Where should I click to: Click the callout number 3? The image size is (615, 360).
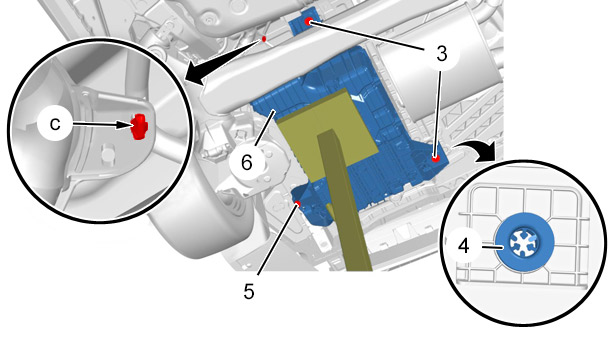442,54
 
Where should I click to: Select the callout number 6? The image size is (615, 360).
247,162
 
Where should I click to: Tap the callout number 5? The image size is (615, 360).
249,291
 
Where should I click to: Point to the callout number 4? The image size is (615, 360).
464,246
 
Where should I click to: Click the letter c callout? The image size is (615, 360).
55,124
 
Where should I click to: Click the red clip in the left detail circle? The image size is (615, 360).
139,126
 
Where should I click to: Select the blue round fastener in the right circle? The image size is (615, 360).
525,242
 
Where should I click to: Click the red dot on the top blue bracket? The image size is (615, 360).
308,22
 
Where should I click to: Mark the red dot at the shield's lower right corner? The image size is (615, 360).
435,158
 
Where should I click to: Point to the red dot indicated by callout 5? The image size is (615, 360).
298,204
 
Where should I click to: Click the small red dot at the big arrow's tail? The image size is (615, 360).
264,39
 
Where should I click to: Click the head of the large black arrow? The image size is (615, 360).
197,75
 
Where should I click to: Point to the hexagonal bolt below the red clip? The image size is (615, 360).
106,153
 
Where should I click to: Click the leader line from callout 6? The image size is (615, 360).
265,129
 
